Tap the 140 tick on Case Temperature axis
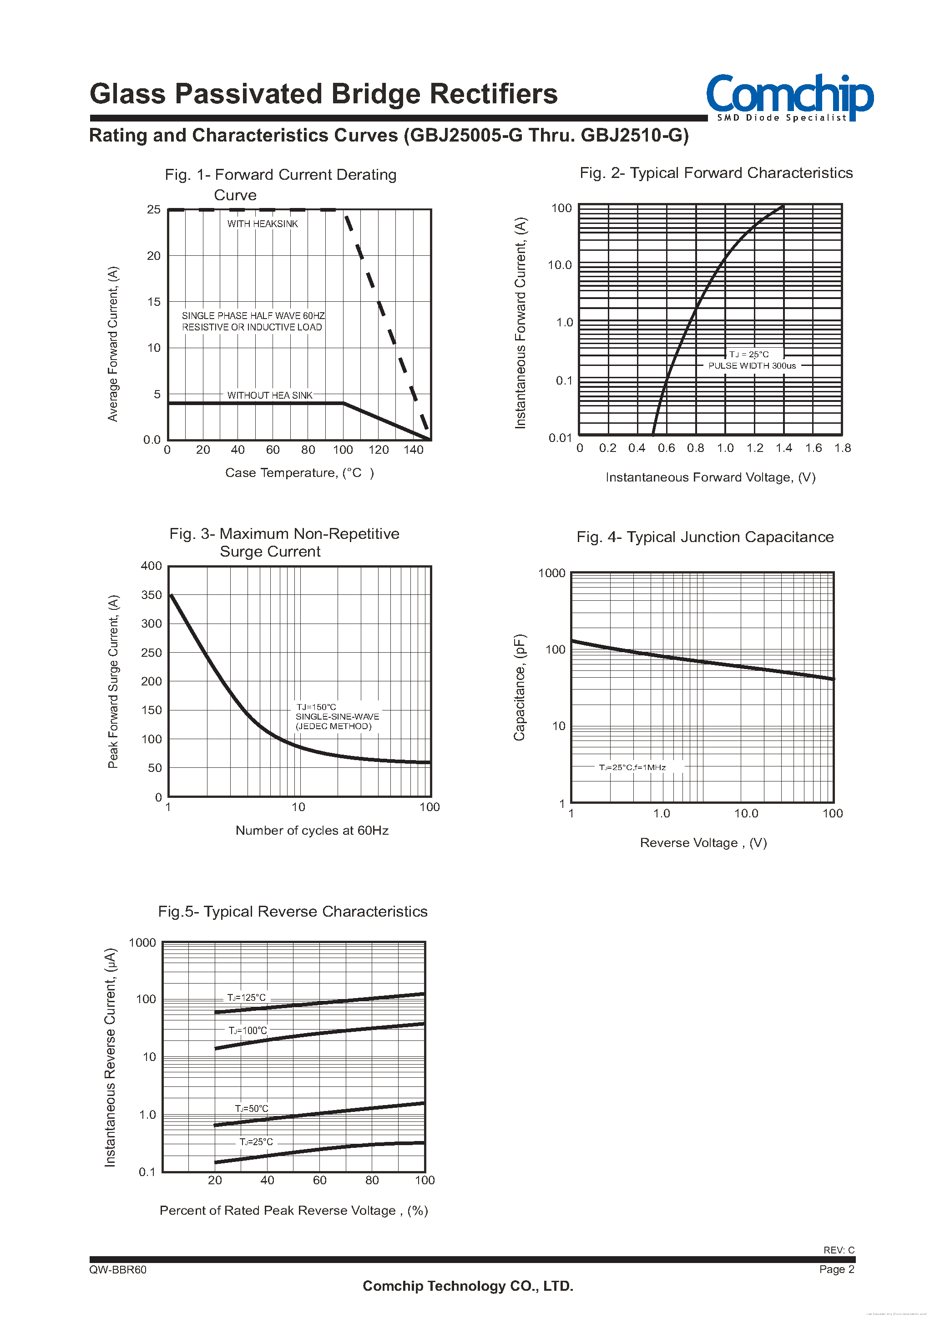coord(413,450)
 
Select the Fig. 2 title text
coord(716,173)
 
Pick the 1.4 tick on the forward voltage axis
coord(784,448)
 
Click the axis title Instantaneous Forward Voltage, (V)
coord(710,477)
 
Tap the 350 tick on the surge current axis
coord(152,595)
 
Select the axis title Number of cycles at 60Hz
coord(312,831)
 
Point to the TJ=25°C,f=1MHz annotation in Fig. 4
coord(632,767)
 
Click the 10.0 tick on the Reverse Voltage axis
coord(746,814)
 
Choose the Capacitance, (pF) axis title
coord(519,687)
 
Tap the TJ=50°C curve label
coord(251,1108)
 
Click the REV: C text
coord(839,1250)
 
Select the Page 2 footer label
coord(836,1269)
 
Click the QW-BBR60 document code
coord(118,1270)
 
